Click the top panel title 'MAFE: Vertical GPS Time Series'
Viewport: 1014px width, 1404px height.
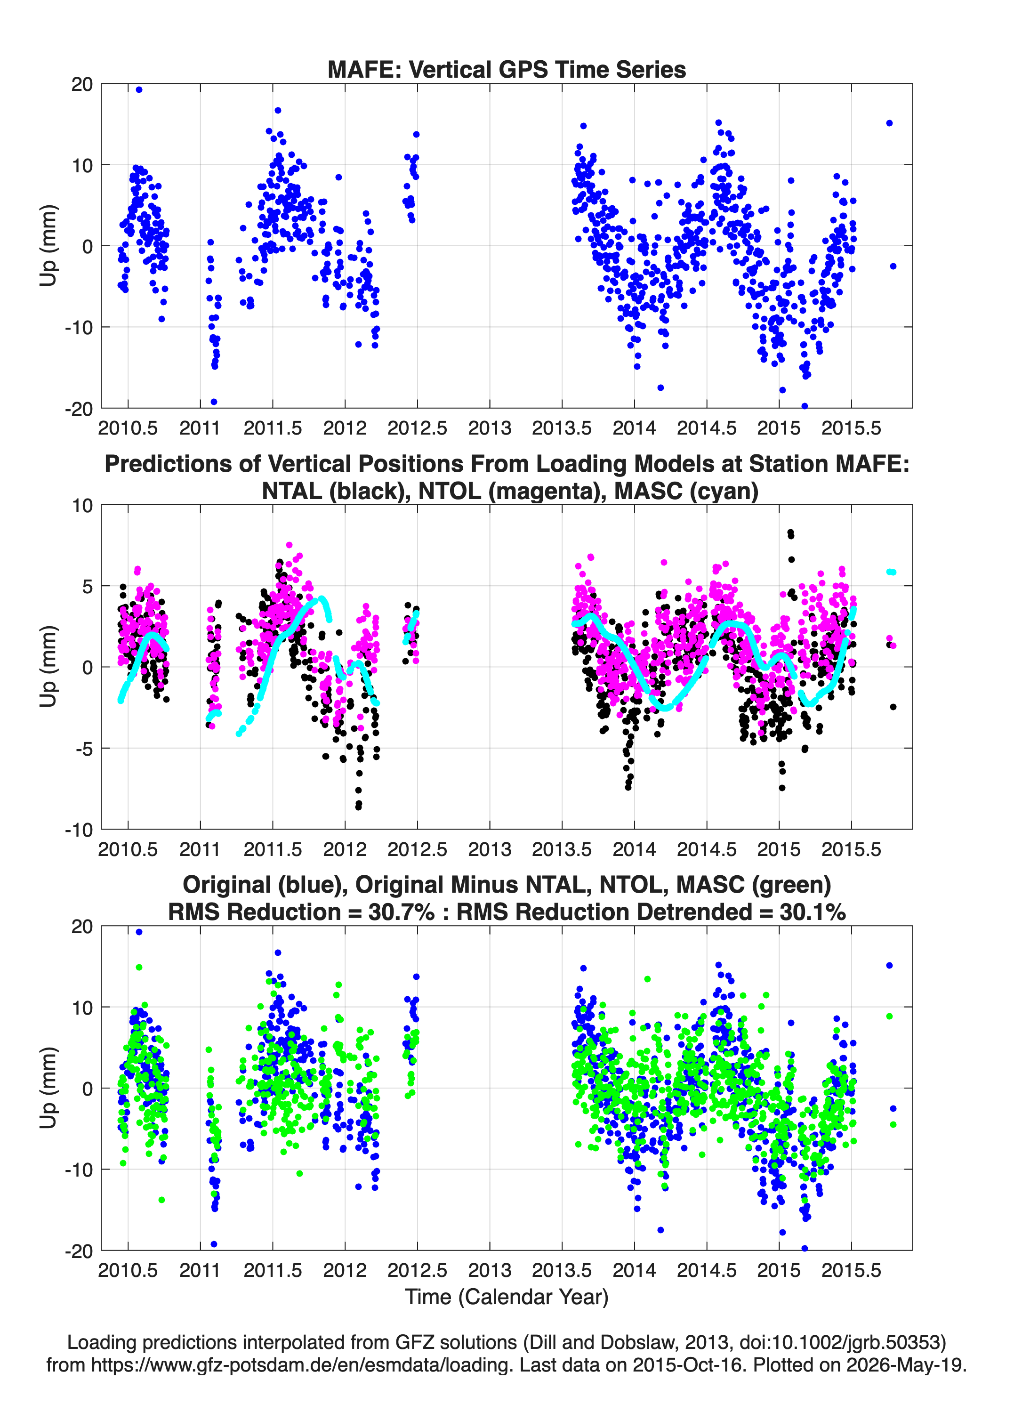pyautogui.click(x=507, y=69)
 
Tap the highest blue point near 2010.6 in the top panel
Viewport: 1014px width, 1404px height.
pyautogui.click(x=139, y=90)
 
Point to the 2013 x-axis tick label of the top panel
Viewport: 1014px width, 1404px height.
pyautogui.click(x=490, y=428)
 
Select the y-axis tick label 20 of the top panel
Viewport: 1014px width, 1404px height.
pyautogui.click(x=82, y=84)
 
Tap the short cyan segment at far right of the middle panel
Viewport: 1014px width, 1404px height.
pyautogui.click(x=891, y=572)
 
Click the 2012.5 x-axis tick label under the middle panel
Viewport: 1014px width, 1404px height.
pyautogui.click(x=417, y=849)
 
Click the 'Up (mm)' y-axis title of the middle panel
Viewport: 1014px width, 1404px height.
pyautogui.click(x=48, y=667)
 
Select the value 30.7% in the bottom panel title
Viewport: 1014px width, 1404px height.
pyautogui.click(x=401, y=912)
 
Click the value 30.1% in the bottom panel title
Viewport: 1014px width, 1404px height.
pyautogui.click(x=813, y=912)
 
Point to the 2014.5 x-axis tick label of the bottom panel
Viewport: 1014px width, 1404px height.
pyautogui.click(x=706, y=1270)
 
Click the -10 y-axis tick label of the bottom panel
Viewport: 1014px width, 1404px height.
pyautogui.click(x=79, y=1170)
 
